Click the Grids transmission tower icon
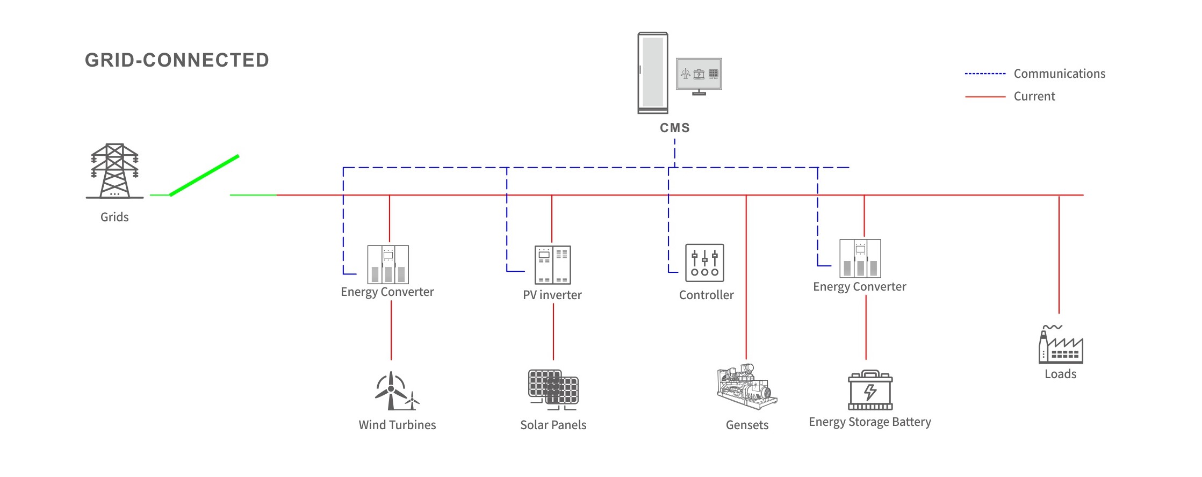point(114,171)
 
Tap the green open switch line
point(204,175)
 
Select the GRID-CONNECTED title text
point(177,60)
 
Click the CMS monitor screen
point(699,74)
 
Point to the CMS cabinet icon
point(653,73)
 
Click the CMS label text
point(675,128)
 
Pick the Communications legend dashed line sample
point(985,74)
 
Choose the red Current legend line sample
point(985,97)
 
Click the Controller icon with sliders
point(704,263)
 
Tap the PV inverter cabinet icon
point(552,265)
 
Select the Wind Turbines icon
point(397,391)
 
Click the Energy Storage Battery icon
point(870,390)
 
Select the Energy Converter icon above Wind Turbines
point(388,264)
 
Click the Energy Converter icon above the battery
point(860,258)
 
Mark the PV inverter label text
point(552,295)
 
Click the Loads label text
point(1060,374)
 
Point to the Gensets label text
point(747,425)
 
